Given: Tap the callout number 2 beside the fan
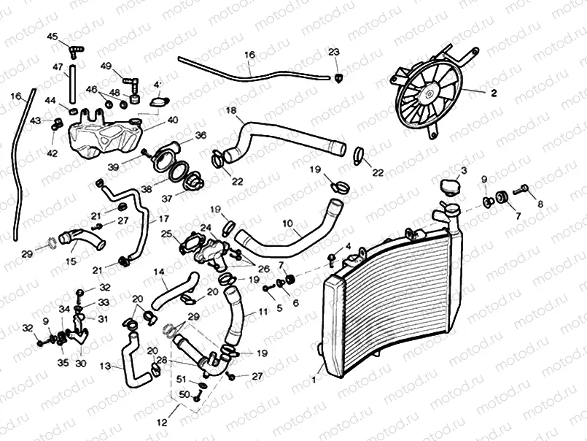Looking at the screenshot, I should (x=494, y=93).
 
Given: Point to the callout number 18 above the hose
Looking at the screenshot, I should (x=231, y=111).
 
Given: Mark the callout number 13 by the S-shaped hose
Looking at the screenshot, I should (x=106, y=365).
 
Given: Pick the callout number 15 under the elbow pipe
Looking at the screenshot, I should (x=71, y=261).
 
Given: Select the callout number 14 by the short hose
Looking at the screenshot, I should (x=158, y=272).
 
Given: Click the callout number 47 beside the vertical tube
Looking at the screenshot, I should (x=57, y=66).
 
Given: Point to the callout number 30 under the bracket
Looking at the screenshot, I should (x=79, y=363).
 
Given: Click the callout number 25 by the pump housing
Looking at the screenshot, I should (x=166, y=234).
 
